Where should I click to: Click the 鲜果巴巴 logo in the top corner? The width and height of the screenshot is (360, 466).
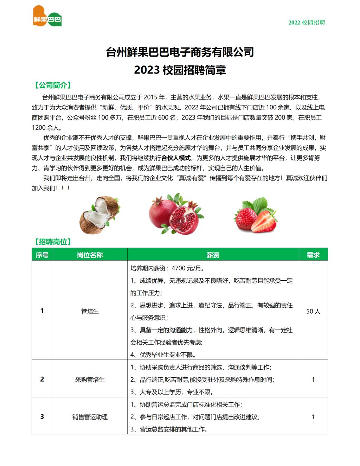(x=47, y=17)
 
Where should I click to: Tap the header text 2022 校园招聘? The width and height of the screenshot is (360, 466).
(x=307, y=23)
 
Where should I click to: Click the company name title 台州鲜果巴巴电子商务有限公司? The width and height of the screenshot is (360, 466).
(x=180, y=52)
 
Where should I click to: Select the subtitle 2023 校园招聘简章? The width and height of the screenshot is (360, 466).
(x=180, y=70)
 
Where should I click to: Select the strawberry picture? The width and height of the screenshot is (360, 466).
(x=255, y=215)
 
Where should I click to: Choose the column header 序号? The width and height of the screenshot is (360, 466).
(x=42, y=255)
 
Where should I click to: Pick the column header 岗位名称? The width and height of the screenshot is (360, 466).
(x=90, y=255)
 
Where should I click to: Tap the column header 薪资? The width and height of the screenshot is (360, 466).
(x=213, y=255)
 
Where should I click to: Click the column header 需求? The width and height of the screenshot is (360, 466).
(x=313, y=255)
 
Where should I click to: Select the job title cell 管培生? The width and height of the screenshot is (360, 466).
(x=90, y=311)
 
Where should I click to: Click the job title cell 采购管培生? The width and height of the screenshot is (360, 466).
(x=90, y=379)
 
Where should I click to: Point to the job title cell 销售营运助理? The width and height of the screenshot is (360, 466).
(x=90, y=417)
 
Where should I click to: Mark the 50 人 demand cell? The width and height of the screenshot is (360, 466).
(x=313, y=311)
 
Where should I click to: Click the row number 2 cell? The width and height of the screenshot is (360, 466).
(x=42, y=379)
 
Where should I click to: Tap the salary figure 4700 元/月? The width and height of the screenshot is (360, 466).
(x=188, y=268)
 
